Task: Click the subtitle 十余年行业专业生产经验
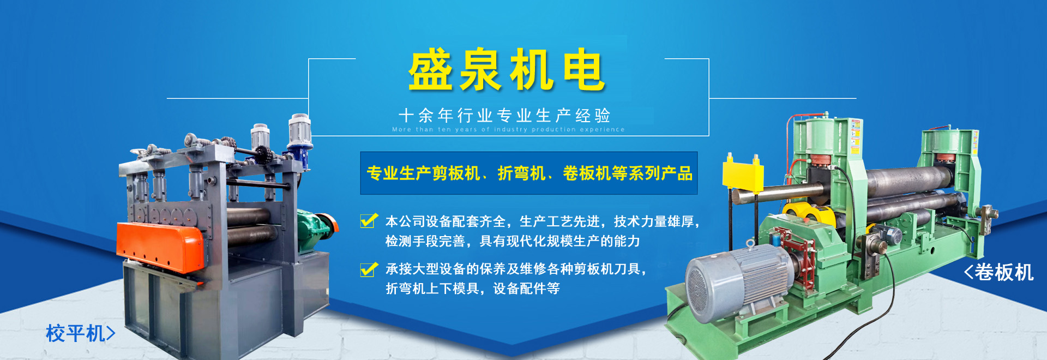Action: click(x=504, y=115)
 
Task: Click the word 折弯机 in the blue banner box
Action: click(x=521, y=173)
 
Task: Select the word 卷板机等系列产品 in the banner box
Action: click(x=628, y=173)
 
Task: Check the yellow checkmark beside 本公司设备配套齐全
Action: click(x=369, y=220)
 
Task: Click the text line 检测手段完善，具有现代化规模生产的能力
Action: click(x=513, y=241)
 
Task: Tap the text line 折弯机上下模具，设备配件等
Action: click(x=473, y=289)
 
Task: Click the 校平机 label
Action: click(x=75, y=333)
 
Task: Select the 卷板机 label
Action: click(x=1004, y=272)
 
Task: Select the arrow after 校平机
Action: click(x=111, y=333)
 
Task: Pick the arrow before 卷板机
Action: click(x=968, y=272)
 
